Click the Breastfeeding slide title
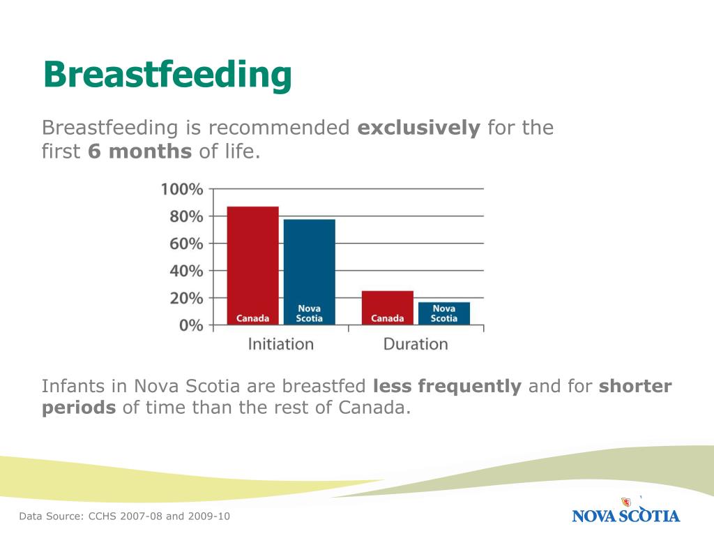pyautogui.click(x=167, y=75)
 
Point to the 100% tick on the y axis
pyautogui.click(x=182, y=189)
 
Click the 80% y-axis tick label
pyautogui.click(x=185, y=216)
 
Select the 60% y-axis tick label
pyautogui.click(x=185, y=244)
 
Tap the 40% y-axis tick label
pyautogui.click(x=185, y=271)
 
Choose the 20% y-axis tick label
pyautogui.click(x=185, y=298)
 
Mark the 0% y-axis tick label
pyautogui.click(x=190, y=325)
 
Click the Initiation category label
pyautogui.click(x=281, y=344)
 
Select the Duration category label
pyautogui.click(x=416, y=344)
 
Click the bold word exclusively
pyautogui.click(x=418, y=128)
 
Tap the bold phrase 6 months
pyautogui.click(x=139, y=151)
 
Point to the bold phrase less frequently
pyautogui.click(x=447, y=386)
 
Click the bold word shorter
pyautogui.click(x=635, y=386)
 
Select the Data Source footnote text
pyautogui.click(x=124, y=516)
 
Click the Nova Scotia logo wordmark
pyautogui.click(x=625, y=516)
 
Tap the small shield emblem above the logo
pyautogui.click(x=625, y=501)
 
